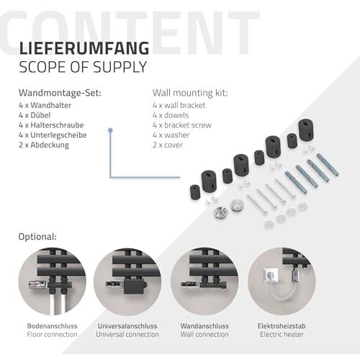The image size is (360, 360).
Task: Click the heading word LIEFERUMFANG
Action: click(x=84, y=48)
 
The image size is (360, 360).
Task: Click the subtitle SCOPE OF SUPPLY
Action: click(x=83, y=67)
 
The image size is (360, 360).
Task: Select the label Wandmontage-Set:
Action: click(x=60, y=93)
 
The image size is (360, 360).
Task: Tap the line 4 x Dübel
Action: click(x=35, y=115)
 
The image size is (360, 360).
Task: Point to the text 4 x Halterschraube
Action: click(x=51, y=125)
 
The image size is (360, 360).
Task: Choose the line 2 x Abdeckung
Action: click(x=44, y=145)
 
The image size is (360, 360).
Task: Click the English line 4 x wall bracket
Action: click(x=179, y=105)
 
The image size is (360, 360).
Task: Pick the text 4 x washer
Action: click(x=171, y=135)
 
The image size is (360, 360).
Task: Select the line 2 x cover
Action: click(x=168, y=145)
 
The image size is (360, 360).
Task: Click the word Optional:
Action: click(x=37, y=237)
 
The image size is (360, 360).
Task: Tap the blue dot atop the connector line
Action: click(x=110, y=130)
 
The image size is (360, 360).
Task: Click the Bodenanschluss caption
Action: click(x=53, y=326)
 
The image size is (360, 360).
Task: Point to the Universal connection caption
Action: click(x=127, y=334)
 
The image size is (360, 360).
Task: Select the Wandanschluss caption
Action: click(x=204, y=326)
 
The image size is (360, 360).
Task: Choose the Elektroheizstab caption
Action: click(x=282, y=326)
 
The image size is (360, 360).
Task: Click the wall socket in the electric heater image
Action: click(x=271, y=276)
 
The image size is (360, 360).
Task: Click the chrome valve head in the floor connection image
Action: click(x=38, y=285)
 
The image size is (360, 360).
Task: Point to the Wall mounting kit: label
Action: click(x=190, y=93)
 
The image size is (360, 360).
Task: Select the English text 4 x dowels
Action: click(x=171, y=115)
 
